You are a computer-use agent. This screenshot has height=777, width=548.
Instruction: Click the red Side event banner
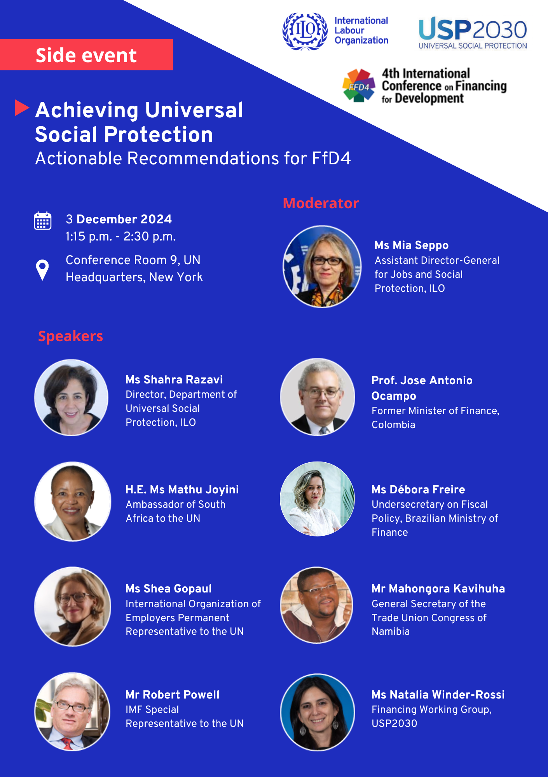[x=86, y=55]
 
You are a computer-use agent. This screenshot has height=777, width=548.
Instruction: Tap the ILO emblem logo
[x=305, y=31]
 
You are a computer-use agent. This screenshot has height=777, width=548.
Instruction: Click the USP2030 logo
[x=473, y=33]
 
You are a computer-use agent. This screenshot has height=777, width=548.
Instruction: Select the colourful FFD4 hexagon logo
[x=359, y=86]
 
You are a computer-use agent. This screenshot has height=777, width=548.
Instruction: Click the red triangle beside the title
[x=22, y=108]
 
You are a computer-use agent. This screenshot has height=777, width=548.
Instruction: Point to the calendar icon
[x=43, y=221]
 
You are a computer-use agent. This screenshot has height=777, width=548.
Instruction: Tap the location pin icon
[x=42, y=270]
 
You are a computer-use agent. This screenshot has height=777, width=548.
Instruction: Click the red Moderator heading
[x=321, y=203]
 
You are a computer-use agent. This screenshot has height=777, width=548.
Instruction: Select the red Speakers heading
[x=70, y=336]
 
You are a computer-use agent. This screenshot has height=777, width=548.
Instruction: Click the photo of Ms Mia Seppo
[x=322, y=267]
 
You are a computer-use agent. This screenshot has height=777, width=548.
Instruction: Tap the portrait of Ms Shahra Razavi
[x=72, y=397]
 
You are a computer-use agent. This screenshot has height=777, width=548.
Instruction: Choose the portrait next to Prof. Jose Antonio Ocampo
[x=318, y=397]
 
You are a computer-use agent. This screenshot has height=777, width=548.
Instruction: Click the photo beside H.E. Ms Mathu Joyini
[x=73, y=501]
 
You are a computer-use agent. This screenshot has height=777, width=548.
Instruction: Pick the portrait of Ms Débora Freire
[x=317, y=499]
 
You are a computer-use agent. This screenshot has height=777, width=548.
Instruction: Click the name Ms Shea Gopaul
[x=169, y=589]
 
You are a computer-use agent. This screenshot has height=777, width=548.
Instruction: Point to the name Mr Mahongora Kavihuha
[x=438, y=589]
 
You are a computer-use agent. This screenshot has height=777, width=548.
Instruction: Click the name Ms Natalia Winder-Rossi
[x=438, y=695]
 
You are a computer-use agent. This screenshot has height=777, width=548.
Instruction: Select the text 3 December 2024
[x=119, y=219]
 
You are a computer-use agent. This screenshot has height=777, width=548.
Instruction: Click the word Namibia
[x=391, y=631]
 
